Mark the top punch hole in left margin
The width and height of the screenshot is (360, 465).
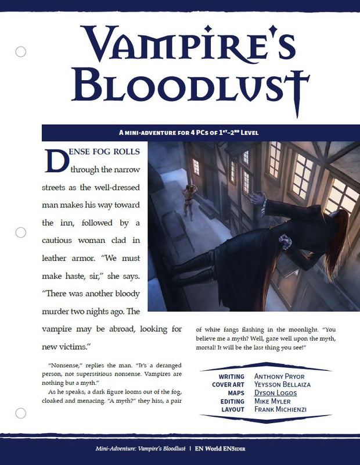click(20, 51)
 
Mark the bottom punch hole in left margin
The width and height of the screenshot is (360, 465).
click(20, 413)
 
